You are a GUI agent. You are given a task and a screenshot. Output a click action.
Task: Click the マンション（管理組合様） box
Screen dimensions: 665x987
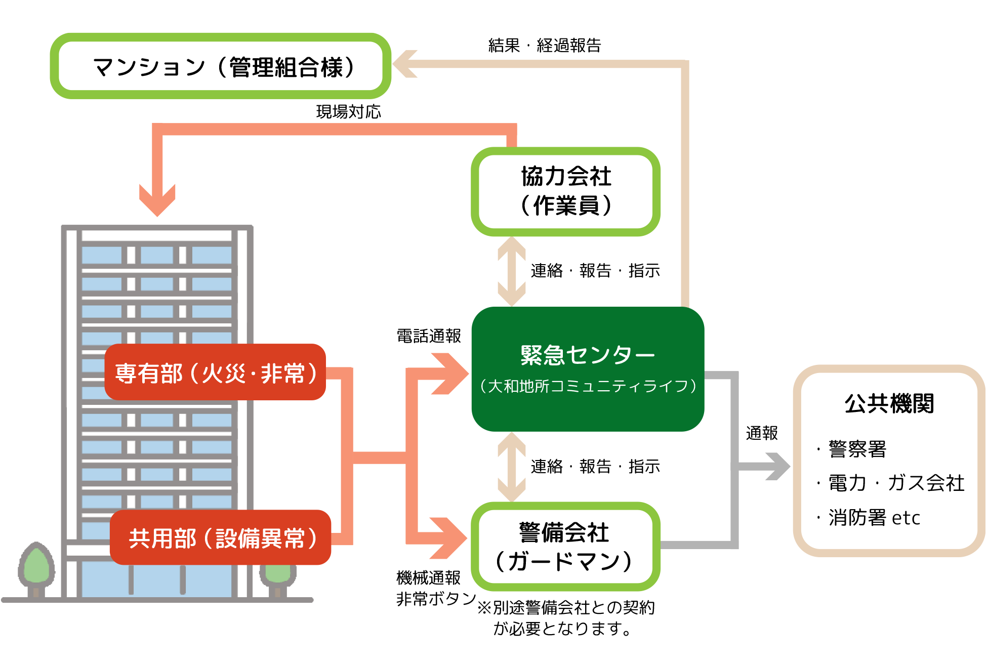(221, 66)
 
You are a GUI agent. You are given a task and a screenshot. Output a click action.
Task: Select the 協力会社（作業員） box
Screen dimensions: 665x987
(565, 191)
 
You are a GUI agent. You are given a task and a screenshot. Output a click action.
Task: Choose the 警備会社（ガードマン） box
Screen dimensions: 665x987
(565, 547)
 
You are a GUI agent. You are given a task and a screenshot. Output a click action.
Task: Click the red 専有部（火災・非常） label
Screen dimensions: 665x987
(215, 373)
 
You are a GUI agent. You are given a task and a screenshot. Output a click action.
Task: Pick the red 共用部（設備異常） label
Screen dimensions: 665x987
(221, 538)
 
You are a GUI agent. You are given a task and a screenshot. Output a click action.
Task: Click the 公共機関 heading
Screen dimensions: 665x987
(889, 404)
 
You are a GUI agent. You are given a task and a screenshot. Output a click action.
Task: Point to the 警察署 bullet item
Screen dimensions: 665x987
(857, 449)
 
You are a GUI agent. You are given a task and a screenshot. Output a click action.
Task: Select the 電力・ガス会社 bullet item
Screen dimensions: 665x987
(895, 483)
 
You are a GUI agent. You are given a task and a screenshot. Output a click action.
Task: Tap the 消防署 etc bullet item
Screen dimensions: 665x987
(874, 518)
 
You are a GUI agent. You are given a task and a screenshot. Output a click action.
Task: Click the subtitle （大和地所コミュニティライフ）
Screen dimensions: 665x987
(587, 387)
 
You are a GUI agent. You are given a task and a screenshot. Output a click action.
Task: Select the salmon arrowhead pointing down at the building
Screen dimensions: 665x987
(157, 200)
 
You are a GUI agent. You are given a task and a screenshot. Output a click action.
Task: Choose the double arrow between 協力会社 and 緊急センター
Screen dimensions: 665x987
(512, 272)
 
